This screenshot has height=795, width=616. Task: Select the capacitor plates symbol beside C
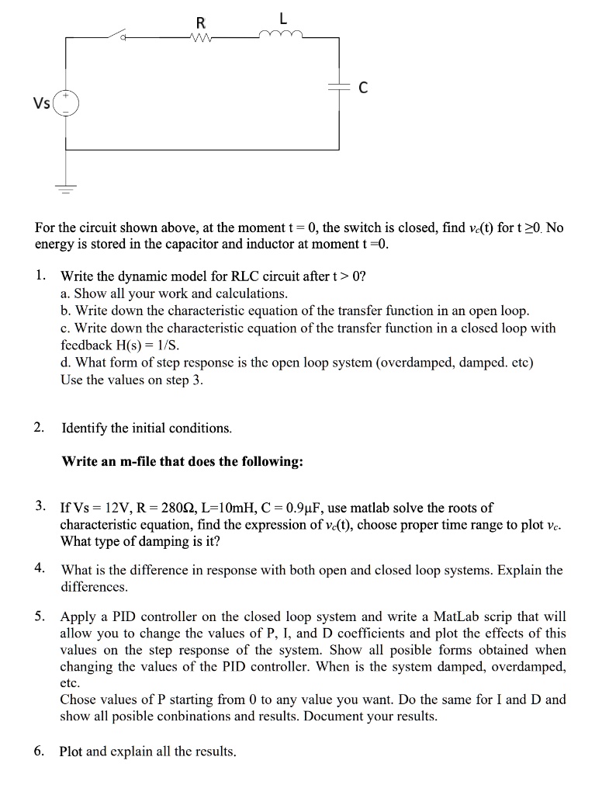[339, 89]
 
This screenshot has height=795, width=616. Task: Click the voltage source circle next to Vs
[66, 102]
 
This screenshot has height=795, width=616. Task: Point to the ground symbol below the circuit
[66, 186]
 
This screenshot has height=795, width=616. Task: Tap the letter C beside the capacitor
[362, 89]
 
